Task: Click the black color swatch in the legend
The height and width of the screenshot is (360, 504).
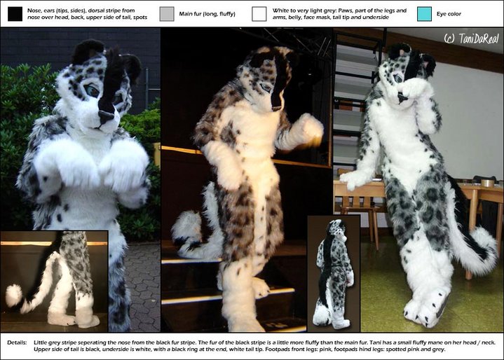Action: (15, 14)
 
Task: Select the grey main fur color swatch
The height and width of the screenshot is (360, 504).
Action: (167, 14)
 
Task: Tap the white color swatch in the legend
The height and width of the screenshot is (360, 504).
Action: (259, 14)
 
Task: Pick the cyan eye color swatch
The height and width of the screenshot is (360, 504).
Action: (424, 14)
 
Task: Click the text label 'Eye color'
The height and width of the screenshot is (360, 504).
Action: (449, 14)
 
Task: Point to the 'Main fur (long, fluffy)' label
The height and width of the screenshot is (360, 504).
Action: (207, 14)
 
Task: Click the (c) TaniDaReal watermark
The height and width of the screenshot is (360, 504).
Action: (471, 39)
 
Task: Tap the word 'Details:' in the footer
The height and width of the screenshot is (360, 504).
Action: (17, 342)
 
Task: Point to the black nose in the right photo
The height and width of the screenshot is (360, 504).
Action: (401, 97)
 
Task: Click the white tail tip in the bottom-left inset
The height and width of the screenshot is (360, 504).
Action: (13, 295)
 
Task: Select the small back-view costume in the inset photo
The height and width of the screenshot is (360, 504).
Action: (333, 274)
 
